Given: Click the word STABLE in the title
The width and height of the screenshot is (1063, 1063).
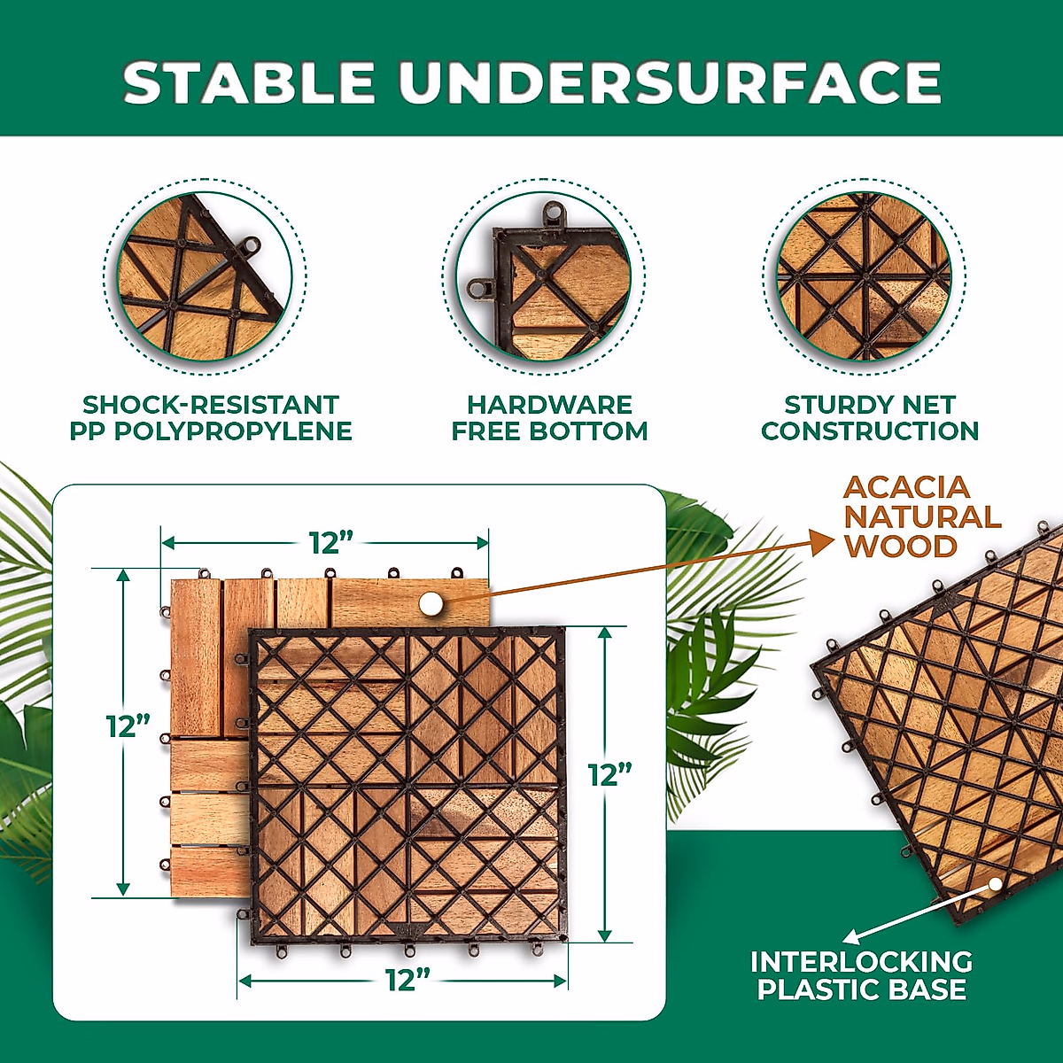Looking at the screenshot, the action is click(249, 82).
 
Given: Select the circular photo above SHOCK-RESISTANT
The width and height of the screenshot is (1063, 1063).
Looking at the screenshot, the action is click(205, 277).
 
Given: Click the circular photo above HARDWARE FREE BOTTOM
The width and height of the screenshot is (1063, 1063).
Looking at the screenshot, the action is click(543, 277).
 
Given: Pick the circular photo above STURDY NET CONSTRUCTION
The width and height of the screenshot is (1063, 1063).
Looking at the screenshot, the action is click(865, 277).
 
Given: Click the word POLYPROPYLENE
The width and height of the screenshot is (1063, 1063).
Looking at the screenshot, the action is click(233, 431).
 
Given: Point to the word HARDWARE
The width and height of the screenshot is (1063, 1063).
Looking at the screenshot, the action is click(549, 406).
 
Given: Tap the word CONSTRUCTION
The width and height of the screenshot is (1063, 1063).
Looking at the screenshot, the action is click(870, 431).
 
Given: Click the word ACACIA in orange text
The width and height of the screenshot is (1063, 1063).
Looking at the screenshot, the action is click(906, 487).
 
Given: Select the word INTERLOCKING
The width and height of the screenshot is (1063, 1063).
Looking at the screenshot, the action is click(862, 961).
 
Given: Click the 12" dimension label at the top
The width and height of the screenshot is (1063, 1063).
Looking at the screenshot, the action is click(331, 543).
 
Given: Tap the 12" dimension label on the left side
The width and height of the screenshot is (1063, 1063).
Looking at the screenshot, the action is click(128, 726).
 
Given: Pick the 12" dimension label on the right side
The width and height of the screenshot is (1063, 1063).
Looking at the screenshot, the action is click(609, 775).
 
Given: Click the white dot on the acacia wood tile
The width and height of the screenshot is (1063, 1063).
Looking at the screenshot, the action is click(431, 603).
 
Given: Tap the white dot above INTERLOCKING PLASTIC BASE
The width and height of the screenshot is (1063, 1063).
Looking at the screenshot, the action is click(996, 884).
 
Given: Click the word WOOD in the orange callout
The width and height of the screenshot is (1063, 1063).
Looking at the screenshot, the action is click(901, 547).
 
